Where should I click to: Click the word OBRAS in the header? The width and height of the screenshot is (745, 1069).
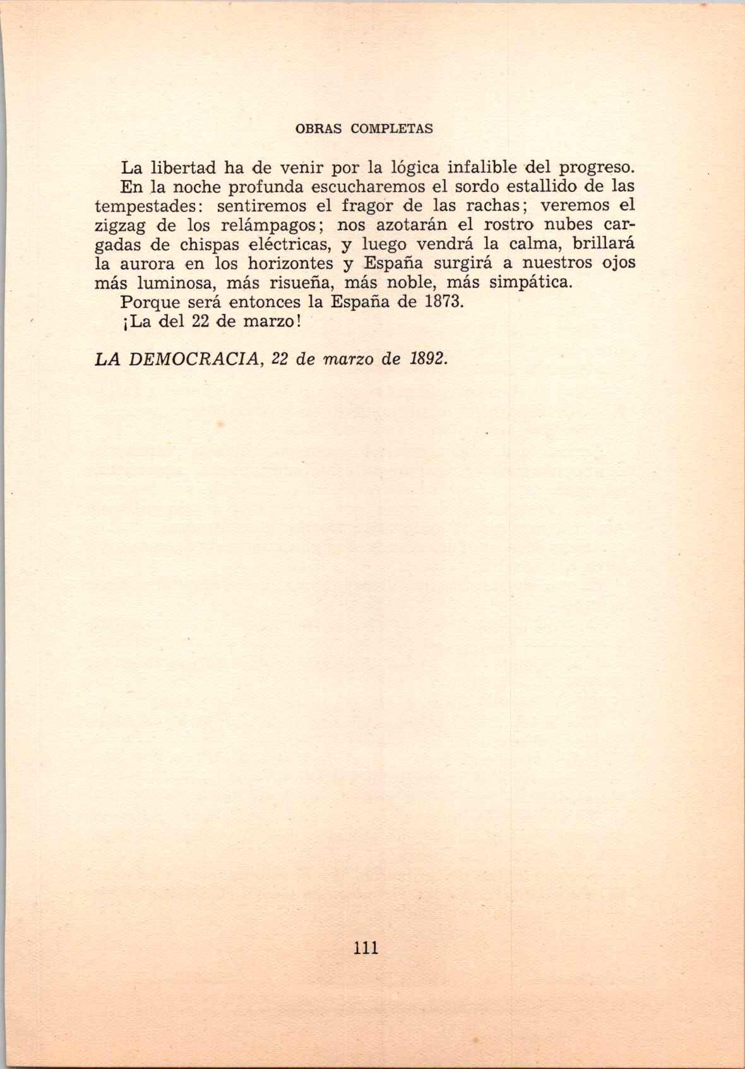click(x=319, y=129)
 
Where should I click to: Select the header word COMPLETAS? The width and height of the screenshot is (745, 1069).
click(x=391, y=129)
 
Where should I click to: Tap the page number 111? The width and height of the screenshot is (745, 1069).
click(x=366, y=948)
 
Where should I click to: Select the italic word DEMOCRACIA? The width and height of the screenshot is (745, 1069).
click(x=201, y=359)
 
